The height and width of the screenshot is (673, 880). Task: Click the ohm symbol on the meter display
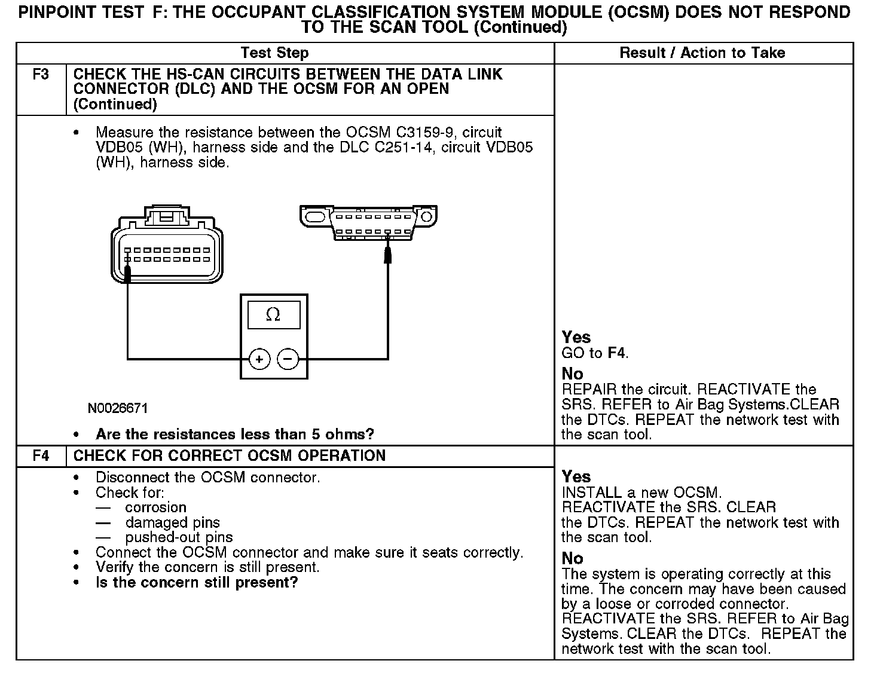tap(273, 315)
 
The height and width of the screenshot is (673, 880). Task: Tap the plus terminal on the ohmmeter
tap(259, 359)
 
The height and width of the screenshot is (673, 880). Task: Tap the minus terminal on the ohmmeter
tap(288, 359)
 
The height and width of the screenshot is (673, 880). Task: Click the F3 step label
tap(41, 75)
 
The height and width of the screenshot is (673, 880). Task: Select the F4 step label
tap(41, 456)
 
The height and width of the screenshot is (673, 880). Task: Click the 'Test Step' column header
tap(274, 53)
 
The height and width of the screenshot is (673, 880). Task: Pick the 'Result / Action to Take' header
tap(702, 53)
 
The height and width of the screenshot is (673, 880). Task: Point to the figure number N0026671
tap(118, 409)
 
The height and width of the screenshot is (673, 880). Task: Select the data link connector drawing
tap(368, 222)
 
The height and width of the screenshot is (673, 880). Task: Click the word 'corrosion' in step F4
tap(156, 507)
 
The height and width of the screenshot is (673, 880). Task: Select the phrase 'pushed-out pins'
tap(179, 537)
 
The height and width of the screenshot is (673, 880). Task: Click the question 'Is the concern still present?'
tap(197, 583)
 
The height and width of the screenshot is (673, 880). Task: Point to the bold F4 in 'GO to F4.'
tap(616, 353)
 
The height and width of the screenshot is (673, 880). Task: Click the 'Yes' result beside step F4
tap(576, 477)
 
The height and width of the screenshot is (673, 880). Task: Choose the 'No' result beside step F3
tap(572, 374)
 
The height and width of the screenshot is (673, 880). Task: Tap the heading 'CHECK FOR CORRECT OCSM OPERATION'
tap(230, 456)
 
